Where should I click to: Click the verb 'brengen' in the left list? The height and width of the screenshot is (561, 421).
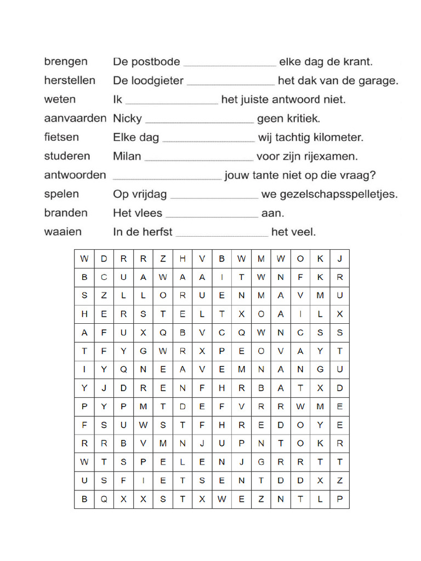(x=66, y=62)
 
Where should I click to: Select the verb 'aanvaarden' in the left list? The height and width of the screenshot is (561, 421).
(x=75, y=118)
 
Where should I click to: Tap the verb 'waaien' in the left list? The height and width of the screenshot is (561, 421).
(x=63, y=232)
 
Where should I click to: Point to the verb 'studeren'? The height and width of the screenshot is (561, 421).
(x=67, y=156)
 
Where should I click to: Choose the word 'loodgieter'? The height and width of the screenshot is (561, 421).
(x=157, y=81)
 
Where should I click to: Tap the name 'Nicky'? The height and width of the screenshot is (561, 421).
(x=127, y=118)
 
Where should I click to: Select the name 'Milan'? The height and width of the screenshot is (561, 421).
(x=127, y=157)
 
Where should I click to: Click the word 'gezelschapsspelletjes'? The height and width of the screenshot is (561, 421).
(x=337, y=194)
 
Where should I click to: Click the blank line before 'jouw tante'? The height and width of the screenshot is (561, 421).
(x=167, y=179)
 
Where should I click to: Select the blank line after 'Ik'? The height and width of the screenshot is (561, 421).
(x=172, y=104)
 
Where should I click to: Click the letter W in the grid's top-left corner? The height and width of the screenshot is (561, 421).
(x=84, y=259)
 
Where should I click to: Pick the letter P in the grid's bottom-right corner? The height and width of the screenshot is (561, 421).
(x=339, y=499)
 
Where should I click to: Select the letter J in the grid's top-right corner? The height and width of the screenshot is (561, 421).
(x=339, y=259)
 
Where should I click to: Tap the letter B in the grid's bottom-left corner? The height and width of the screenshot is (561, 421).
(x=84, y=499)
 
